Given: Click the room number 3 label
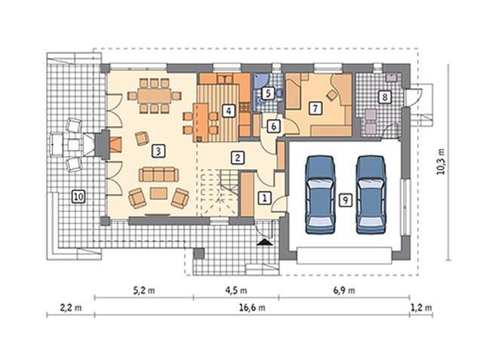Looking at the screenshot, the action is pos(158,151).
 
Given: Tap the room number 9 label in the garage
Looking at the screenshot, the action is pos(346,200).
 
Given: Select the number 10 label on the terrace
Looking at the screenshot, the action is pos(78,196).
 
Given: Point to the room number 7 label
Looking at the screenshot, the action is pos(315,109).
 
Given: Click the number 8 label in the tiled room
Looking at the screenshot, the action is pos(385,97).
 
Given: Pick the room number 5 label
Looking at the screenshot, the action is pos(269,94).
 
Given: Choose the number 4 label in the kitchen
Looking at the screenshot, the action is pos(229,111).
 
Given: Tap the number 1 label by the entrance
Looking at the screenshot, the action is pos(264,198).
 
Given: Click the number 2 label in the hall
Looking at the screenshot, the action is pos(238,158).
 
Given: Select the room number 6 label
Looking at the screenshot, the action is pos(274,126).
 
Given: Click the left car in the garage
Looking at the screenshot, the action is pos(320,195).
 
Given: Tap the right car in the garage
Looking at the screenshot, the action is pos(371,195).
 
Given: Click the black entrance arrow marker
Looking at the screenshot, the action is pos(265,242).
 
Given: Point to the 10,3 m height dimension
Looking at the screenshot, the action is pos(441,162).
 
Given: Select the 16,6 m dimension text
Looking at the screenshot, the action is pos(252,308).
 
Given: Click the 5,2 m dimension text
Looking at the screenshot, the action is pos(144,290).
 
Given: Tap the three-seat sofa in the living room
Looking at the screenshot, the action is pos(158,174).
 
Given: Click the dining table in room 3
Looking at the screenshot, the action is pos(155,96).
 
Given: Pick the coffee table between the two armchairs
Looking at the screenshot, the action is pos(158,193).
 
